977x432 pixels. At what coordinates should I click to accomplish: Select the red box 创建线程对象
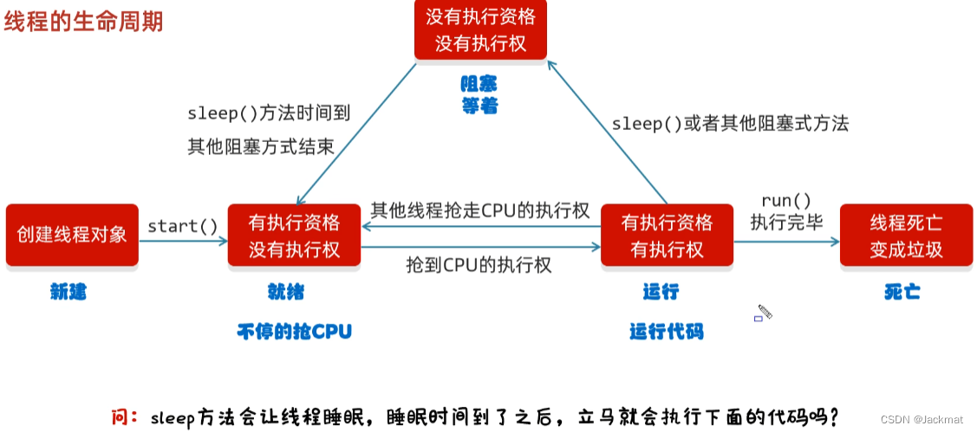72,235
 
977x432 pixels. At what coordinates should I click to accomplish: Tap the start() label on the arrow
183,227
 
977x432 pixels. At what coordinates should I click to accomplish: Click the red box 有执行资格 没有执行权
294,235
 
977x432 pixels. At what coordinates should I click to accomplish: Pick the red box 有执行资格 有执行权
667,235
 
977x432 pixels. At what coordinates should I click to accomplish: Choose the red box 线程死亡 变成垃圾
906,235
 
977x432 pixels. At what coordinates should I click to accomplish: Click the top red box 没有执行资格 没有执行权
480,29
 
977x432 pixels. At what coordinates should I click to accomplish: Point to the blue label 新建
68,293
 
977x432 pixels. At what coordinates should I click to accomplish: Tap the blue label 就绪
286,292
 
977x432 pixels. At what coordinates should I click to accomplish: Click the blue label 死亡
902,292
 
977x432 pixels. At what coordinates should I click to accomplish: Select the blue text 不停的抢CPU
295,331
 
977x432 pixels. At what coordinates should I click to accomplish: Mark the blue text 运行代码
666,331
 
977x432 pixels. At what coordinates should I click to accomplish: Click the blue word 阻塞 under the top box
479,85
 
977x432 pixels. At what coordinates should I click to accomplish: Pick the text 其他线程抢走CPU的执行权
480,210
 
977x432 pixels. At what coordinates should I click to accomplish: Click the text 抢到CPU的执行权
479,265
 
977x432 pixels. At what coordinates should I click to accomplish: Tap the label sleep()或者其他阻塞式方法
730,124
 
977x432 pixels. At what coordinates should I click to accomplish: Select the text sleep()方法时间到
268,113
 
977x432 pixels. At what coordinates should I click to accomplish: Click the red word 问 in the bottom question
121,417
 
